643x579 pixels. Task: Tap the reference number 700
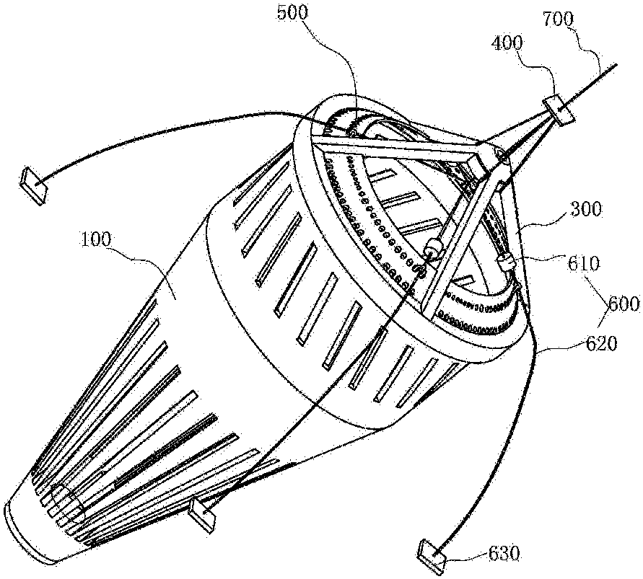click(x=559, y=19)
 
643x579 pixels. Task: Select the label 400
click(x=507, y=43)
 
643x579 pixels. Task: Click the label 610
click(x=584, y=263)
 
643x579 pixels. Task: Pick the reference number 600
click(x=624, y=304)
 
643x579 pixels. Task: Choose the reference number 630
click(x=504, y=554)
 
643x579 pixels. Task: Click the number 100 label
click(x=95, y=239)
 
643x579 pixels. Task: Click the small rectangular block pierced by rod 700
click(x=558, y=110)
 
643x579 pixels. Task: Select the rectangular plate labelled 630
click(x=432, y=557)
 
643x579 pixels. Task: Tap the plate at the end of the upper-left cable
click(x=35, y=185)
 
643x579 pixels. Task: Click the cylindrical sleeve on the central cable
click(x=434, y=247)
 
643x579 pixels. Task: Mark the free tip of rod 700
click(x=617, y=65)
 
